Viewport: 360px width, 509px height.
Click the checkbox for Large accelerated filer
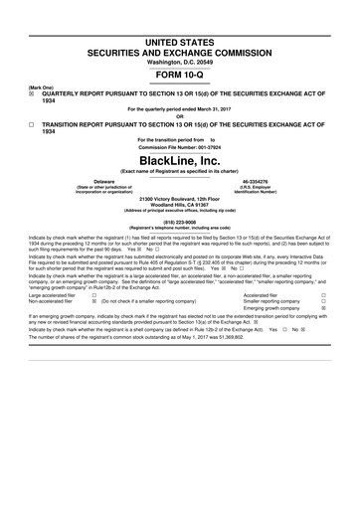92,295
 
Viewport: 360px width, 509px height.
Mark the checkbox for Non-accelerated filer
92,302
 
